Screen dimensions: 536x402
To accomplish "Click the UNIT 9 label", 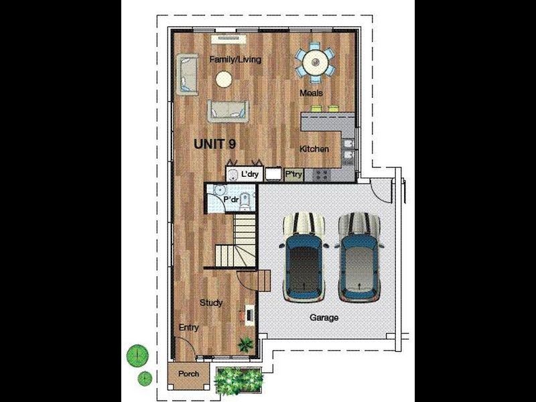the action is [214, 144].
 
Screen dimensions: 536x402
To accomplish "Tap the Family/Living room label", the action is [235, 60].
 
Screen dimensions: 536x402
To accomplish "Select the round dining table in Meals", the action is [315, 62].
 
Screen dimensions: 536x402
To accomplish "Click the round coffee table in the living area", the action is [224, 79].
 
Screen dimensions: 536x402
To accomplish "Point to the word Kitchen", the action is [314, 149].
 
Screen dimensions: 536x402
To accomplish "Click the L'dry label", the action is [250, 174].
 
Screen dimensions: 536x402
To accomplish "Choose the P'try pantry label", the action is [293, 174].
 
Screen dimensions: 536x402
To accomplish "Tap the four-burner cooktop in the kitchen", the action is [322, 175].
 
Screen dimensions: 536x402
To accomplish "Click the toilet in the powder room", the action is [245, 202].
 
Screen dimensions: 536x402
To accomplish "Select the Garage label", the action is [324, 318].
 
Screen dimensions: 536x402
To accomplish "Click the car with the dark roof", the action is [304, 257].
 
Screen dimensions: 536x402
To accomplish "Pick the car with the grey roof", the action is [359, 257].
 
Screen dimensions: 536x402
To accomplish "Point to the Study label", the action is [211, 303].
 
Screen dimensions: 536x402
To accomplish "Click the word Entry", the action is [189, 328].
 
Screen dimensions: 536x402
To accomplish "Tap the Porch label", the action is [188, 374].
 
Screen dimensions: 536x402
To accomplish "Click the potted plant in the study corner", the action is [246, 344].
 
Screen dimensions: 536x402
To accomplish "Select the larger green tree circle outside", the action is [137, 356].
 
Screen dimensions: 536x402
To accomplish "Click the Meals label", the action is [311, 93].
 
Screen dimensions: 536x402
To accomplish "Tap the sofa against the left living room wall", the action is [187, 74].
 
